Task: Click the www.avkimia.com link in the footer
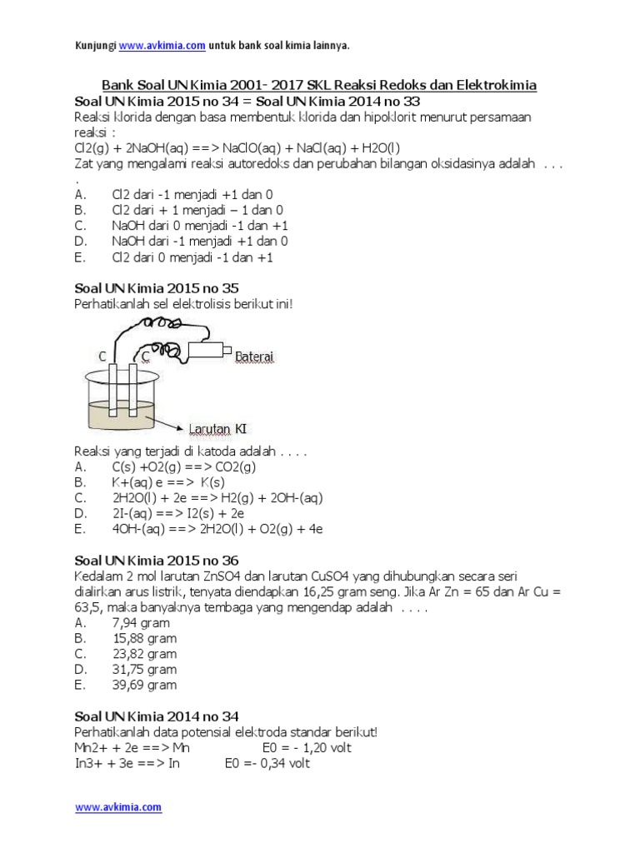[x=118, y=807]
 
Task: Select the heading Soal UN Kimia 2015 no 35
[x=157, y=289]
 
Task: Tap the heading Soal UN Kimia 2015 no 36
[x=157, y=561]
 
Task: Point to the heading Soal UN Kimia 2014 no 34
[x=157, y=716]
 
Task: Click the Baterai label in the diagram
[x=255, y=357]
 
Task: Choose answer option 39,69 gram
[x=144, y=685]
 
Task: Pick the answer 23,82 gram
[x=144, y=654]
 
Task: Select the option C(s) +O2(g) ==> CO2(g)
[x=184, y=467]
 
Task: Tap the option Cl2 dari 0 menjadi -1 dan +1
[x=192, y=257]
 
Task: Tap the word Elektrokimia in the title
[x=495, y=85]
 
